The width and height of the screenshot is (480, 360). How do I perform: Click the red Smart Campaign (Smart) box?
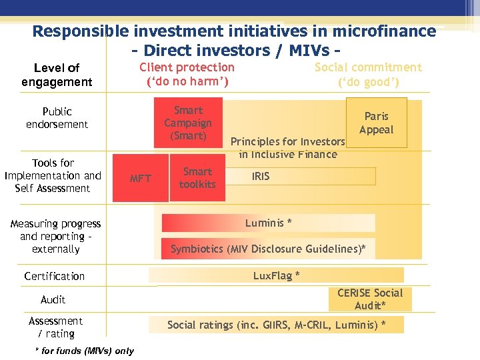(x=187, y=123)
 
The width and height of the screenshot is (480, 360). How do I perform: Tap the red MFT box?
(x=141, y=178)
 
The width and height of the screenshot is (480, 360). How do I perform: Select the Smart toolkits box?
(x=198, y=177)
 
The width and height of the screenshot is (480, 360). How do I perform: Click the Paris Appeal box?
(x=376, y=123)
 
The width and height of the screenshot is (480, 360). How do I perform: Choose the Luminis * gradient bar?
(x=268, y=223)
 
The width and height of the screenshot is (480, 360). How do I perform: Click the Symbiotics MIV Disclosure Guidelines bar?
(x=268, y=249)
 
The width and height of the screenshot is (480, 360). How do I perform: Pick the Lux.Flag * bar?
(x=276, y=275)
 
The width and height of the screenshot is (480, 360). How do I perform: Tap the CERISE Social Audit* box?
(x=370, y=299)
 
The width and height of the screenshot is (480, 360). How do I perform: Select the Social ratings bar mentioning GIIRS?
(x=276, y=325)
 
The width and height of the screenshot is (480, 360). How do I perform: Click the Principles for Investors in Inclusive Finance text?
(x=288, y=148)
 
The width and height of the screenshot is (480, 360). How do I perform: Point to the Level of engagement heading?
(x=57, y=75)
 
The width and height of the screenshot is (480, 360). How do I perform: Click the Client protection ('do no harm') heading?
(x=187, y=74)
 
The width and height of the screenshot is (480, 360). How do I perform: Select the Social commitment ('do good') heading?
(x=368, y=74)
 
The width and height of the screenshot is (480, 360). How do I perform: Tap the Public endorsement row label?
(x=57, y=117)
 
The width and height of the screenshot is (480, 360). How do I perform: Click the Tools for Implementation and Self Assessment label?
(x=53, y=175)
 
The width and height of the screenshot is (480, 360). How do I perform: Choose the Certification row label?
(x=54, y=276)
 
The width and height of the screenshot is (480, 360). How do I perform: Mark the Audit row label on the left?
(x=53, y=299)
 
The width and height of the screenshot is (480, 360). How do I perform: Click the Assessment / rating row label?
(x=56, y=327)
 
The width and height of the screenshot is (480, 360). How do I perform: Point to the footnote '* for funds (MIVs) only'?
(x=84, y=351)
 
